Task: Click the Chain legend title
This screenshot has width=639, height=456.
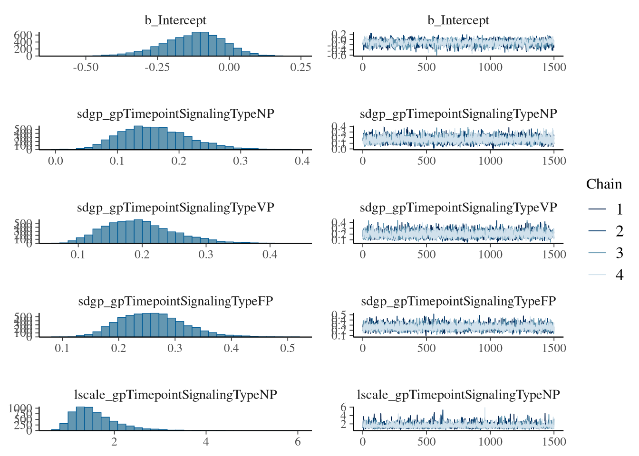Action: pos(604,184)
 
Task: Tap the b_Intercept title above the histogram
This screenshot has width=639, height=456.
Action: pos(175,20)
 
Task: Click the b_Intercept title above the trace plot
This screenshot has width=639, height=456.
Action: pos(458,20)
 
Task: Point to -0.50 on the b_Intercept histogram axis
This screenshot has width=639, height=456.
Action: pos(86,67)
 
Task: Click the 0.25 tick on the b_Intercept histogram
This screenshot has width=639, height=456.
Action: pos(300,67)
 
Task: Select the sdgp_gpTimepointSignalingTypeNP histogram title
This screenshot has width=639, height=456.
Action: pos(175,114)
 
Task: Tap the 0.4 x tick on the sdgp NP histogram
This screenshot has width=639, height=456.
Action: pos(302,161)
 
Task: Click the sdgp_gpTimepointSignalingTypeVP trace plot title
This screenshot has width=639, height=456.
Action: pos(458,208)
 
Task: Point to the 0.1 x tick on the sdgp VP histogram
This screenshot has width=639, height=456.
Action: pos(78,255)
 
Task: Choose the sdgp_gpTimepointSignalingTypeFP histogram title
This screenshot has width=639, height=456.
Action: pos(175,301)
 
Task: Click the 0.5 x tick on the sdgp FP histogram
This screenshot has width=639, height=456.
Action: pos(287,348)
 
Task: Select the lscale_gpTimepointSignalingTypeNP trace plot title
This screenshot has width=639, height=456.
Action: pos(458,395)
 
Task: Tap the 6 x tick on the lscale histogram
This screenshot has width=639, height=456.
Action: pos(298,442)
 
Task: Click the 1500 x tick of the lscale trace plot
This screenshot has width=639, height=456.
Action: pos(554,442)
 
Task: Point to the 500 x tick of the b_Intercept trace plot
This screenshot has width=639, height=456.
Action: pos(426,67)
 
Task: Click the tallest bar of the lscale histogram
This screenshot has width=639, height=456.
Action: pos(80,418)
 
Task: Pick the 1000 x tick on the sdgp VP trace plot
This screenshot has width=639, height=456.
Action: pos(490,255)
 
